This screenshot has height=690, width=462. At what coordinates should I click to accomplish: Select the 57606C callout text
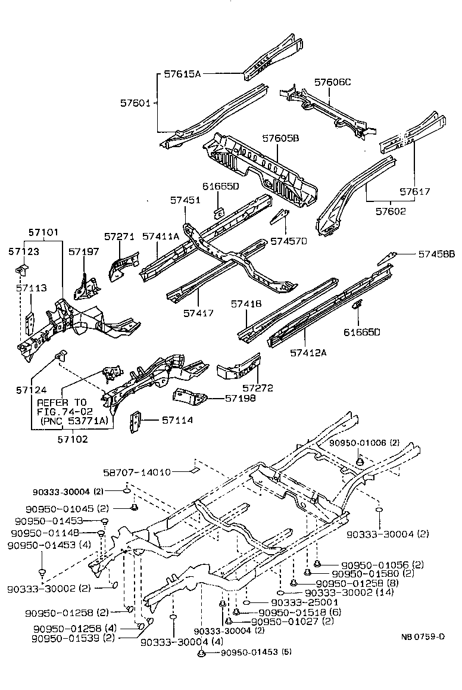pyautogui.click(x=332, y=82)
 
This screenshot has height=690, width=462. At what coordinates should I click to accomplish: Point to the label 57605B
pyautogui.click(x=280, y=138)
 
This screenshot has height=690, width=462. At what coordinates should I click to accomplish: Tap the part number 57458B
pyautogui.click(x=436, y=254)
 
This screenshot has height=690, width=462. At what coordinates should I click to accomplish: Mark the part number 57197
pyautogui.click(x=83, y=252)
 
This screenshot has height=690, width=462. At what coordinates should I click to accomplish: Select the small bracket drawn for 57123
pyautogui.click(x=21, y=269)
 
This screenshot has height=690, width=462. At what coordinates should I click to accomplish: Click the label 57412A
pyautogui.click(x=310, y=352)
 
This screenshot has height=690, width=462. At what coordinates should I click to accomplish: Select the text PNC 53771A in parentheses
pyautogui.click(x=75, y=421)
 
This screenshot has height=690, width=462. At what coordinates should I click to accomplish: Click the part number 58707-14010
pyautogui.click(x=133, y=472)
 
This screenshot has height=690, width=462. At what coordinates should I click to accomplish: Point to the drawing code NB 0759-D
pyautogui.click(x=423, y=636)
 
